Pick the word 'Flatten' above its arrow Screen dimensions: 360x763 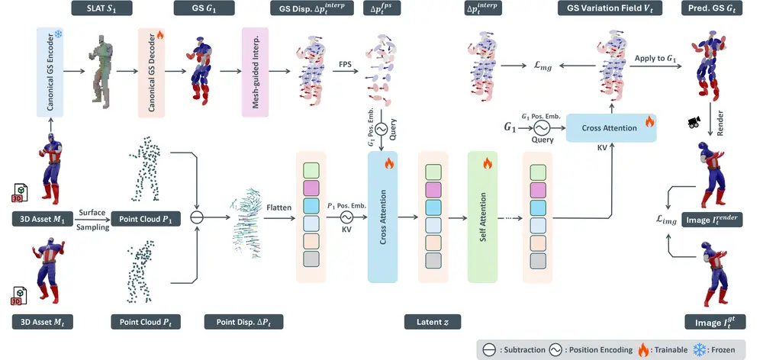click(x=276, y=206)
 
